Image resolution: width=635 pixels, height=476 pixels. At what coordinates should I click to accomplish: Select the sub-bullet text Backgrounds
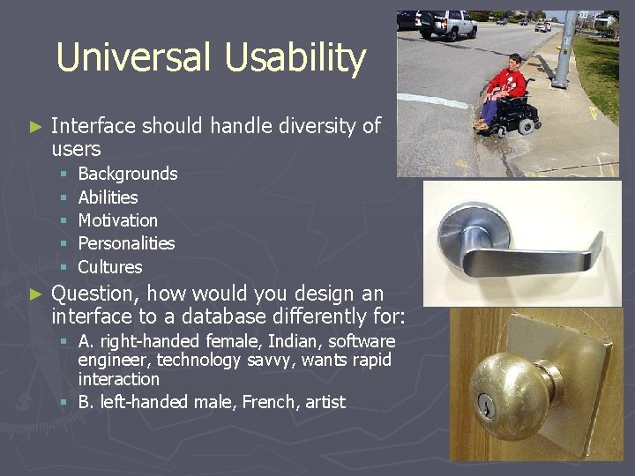click(128, 174)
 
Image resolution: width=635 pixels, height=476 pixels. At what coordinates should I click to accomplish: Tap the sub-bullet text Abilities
click(108, 197)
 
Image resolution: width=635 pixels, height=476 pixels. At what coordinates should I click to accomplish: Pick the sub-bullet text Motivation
click(118, 220)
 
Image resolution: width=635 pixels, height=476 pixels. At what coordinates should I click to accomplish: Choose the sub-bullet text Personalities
click(126, 243)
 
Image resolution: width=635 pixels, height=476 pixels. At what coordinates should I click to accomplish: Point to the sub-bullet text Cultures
click(110, 266)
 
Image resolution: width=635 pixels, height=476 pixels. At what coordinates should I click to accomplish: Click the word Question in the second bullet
click(93, 294)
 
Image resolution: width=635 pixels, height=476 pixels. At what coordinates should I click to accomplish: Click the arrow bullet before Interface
click(35, 127)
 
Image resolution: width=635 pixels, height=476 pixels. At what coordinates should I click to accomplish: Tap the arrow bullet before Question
click(35, 294)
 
